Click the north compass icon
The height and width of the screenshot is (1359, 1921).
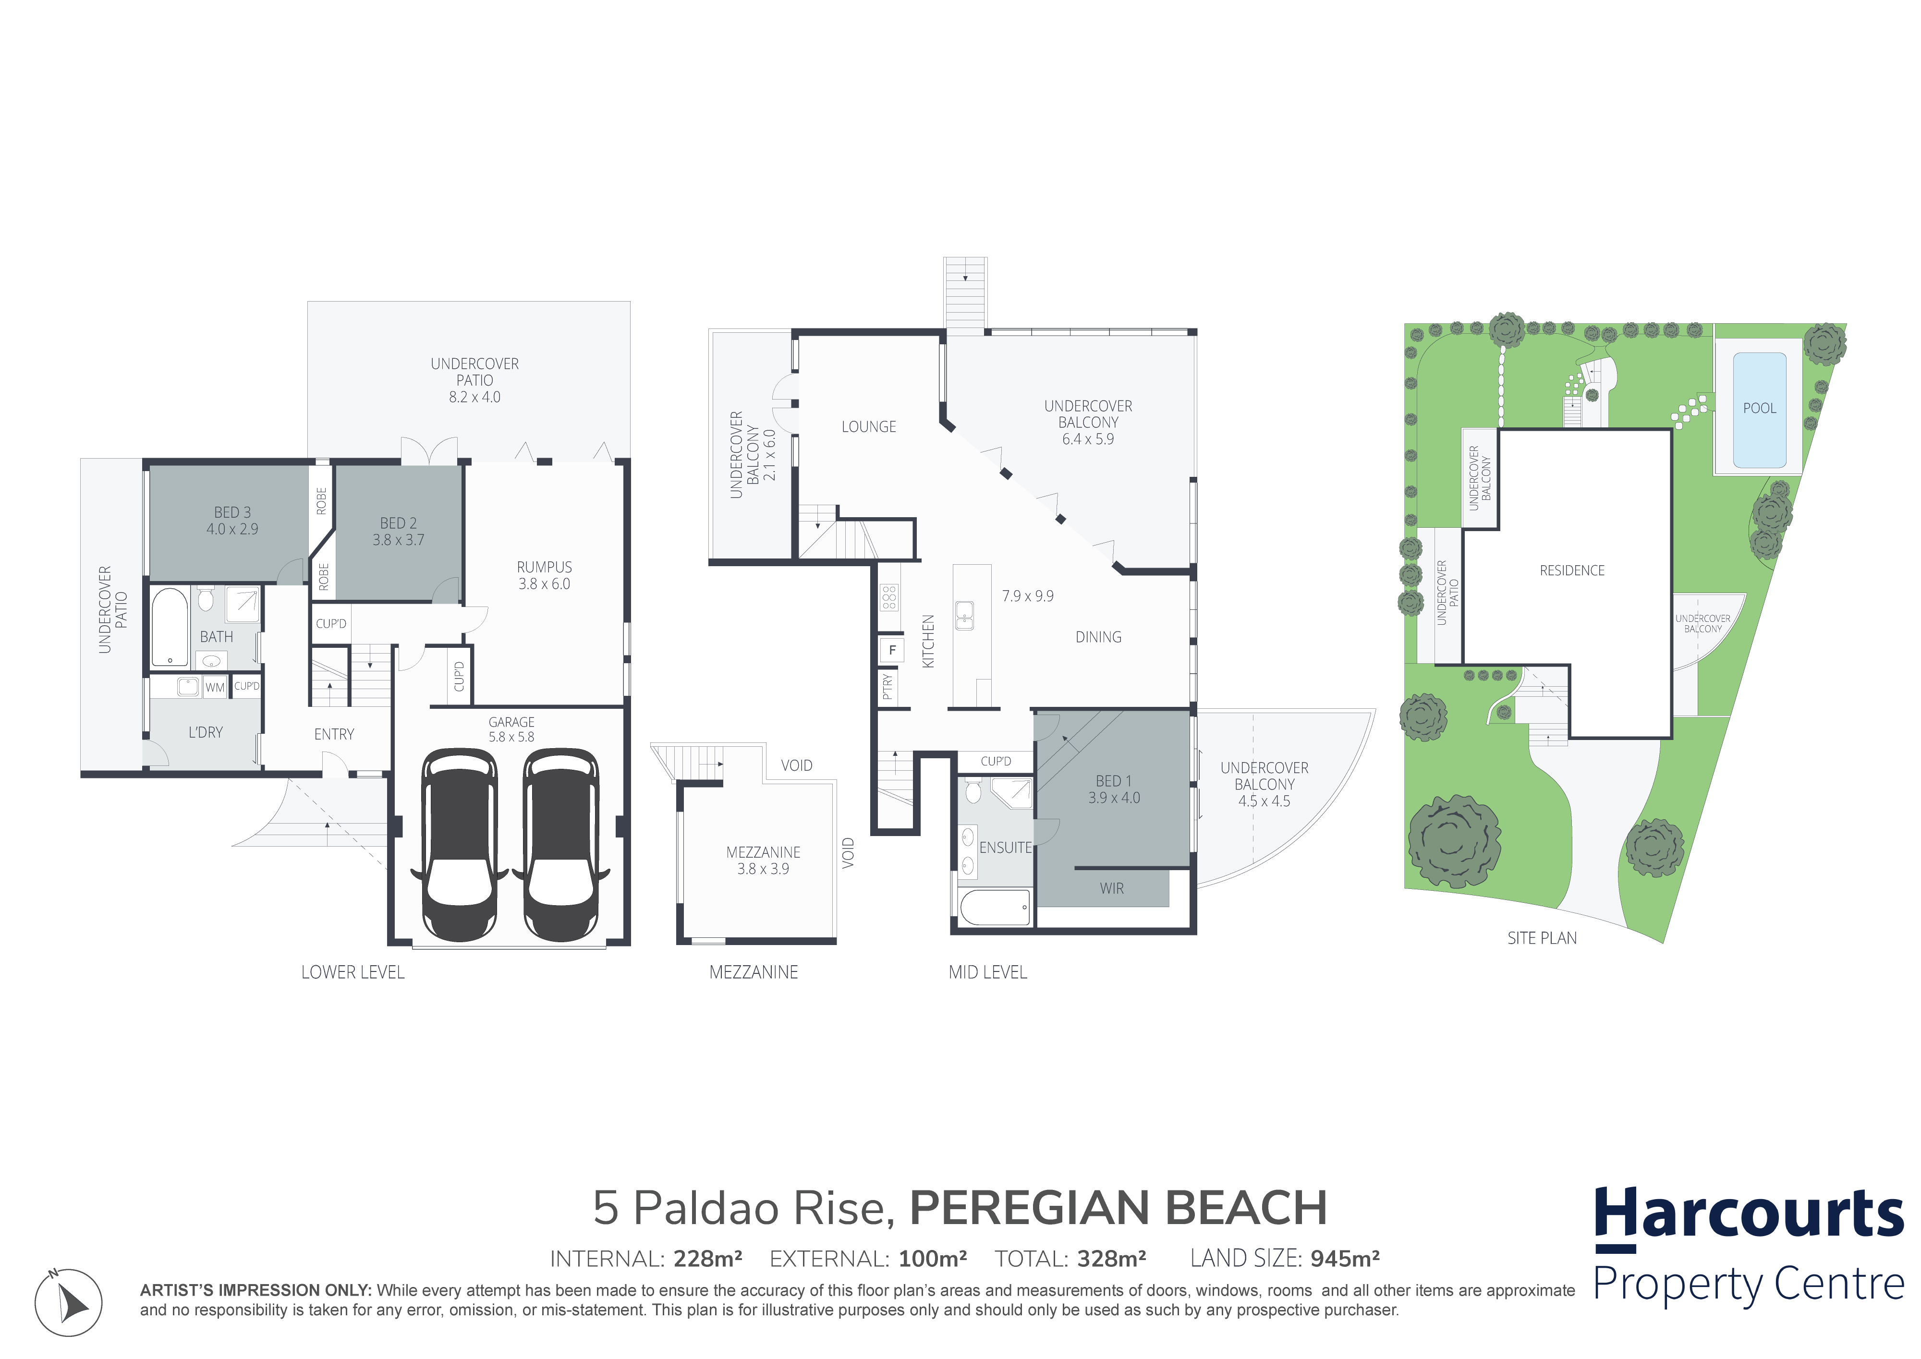[69, 1302]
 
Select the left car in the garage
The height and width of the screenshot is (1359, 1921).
[459, 844]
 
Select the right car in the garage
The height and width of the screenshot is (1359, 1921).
[560, 844]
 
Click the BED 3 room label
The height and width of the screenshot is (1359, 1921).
[232, 512]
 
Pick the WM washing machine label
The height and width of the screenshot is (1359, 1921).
[215, 688]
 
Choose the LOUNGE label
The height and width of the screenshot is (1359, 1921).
[868, 427]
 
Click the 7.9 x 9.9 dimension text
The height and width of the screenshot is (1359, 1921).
[1027, 596]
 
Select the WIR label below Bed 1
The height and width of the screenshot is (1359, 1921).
[1111, 889]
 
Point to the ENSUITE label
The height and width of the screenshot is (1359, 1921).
[1005, 848]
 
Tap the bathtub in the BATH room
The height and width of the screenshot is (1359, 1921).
[170, 627]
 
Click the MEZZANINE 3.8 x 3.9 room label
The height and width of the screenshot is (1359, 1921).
[763, 860]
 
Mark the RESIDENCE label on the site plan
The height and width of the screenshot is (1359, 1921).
[1572, 570]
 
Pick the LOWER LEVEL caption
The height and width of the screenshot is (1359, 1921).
[352, 972]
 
